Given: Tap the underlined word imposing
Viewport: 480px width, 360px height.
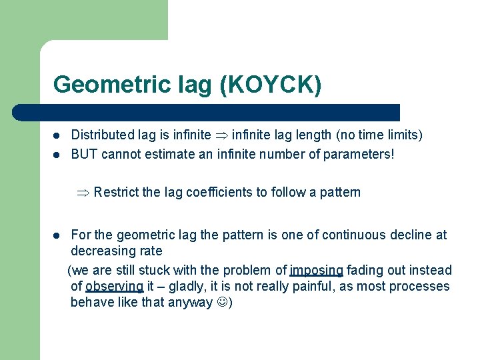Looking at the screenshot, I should pos(316,270).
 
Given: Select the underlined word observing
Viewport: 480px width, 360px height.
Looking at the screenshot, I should pos(114,286).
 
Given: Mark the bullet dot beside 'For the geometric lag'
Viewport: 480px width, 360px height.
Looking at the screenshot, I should pos(58,235).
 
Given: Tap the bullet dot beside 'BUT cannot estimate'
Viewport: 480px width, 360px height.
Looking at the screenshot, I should pos(58,155).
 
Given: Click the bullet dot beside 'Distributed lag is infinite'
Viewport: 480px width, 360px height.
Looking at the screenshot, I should pos(58,136).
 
